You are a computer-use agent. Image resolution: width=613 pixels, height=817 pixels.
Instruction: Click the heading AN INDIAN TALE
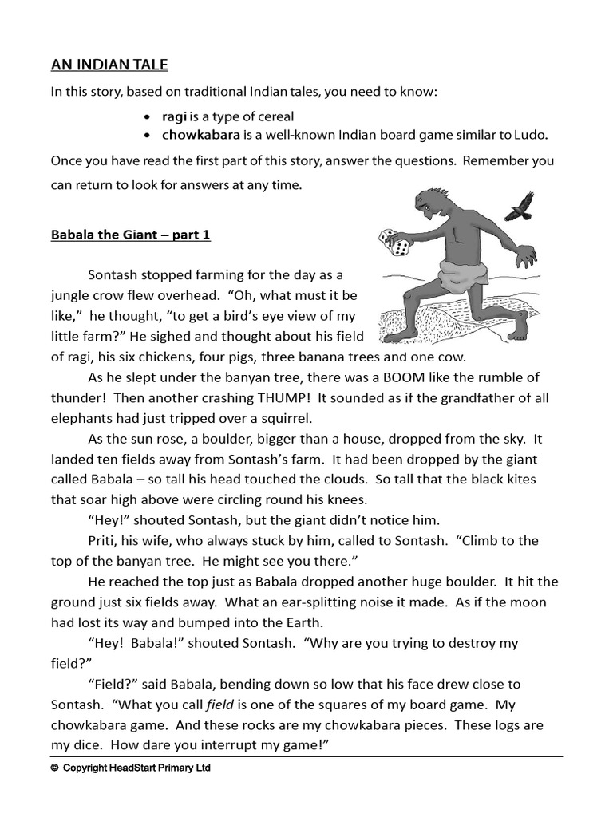tap(109, 65)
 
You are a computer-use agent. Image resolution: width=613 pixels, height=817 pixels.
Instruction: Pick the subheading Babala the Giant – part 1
tap(130, 235)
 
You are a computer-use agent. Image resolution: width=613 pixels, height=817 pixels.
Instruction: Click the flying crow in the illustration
tap(519, 205)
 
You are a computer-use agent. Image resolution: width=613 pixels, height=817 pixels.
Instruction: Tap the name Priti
tap(102, 540)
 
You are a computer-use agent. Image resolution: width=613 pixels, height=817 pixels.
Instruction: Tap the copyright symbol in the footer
tap(54, 768)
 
